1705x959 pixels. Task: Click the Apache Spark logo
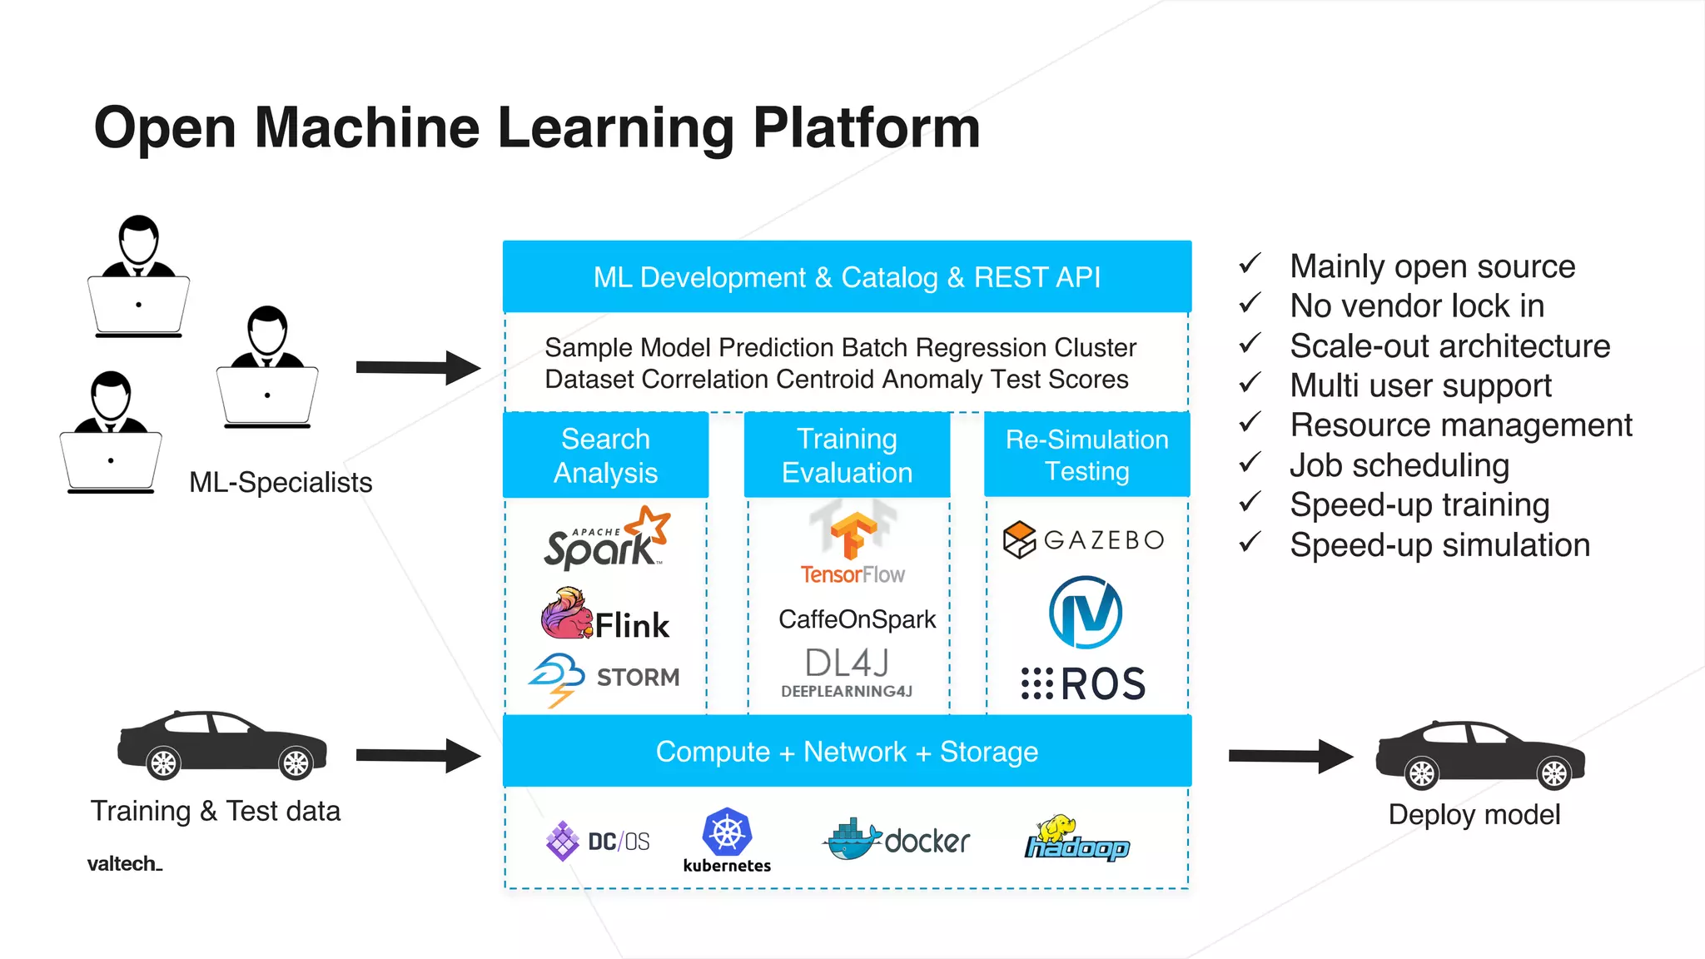point(606,539)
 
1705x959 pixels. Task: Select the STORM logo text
point(637,678)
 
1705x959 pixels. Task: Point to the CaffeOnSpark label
point(857,619)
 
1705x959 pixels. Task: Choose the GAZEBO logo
point(1084,540)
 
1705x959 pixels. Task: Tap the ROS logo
point(1084,683)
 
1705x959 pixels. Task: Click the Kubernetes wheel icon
point(727,832)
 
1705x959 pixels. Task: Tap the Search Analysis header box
point(605,455)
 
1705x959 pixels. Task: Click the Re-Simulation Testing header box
point(1086,455)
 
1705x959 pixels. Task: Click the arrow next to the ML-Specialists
point(417,367)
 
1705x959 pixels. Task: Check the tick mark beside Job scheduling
point(1250,463)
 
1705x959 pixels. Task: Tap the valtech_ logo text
point(124,864)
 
